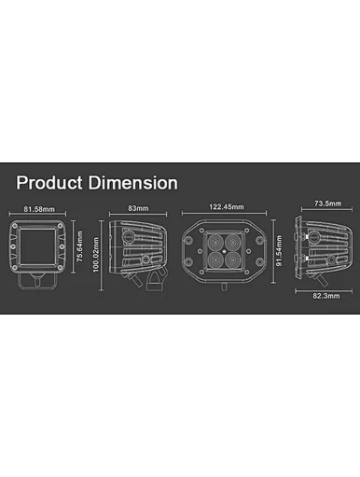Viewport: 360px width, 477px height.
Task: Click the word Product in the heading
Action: click(49, 182)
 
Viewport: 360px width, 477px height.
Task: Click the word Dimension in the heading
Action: click(133, 182)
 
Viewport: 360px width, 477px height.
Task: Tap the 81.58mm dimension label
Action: click(39, 209)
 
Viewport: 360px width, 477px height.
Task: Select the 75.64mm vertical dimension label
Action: click(80, 246)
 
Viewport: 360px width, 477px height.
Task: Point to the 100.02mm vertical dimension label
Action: click(95, 255)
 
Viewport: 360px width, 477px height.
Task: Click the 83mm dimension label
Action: click(138, 208)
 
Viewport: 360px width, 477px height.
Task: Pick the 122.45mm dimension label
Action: click(227, 207)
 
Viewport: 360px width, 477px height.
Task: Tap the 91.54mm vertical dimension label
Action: click(279, 251)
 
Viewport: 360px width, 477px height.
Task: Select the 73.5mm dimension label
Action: click(327, 203)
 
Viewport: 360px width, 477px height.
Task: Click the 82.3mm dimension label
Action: click(326, 296)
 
